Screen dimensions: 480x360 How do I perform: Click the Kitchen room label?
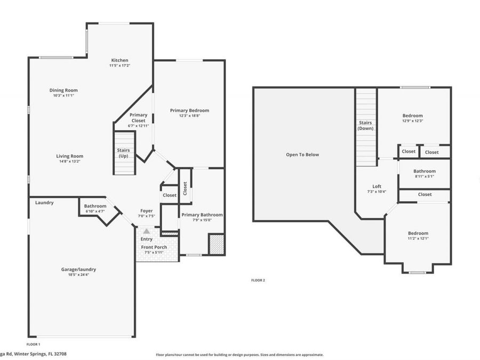(119, 60)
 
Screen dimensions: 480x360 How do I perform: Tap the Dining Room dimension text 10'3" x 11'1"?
(63, 95)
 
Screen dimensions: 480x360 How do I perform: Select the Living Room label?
(70, 156)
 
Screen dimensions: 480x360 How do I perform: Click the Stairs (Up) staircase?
(124, 153)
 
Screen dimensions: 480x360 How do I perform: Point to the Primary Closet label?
(138, 118)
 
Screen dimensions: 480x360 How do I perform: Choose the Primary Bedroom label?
(190, 110)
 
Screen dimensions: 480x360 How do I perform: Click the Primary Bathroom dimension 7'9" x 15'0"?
(202, 220)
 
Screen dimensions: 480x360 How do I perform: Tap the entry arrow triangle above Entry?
(147, 231)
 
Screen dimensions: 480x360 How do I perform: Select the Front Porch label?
(154, 247)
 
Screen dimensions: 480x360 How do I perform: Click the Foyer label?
(146, 211)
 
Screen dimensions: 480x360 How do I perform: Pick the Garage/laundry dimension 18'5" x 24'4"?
(79, 275)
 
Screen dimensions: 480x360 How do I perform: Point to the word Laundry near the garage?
(44, 203)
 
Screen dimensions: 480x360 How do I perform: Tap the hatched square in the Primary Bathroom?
(217, 244)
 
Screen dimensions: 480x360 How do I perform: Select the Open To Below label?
(302, 155)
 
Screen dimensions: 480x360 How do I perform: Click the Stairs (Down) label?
(365, 125)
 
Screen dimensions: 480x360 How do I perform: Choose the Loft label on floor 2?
(377, 187)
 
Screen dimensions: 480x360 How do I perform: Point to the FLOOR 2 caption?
(258, 280)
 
